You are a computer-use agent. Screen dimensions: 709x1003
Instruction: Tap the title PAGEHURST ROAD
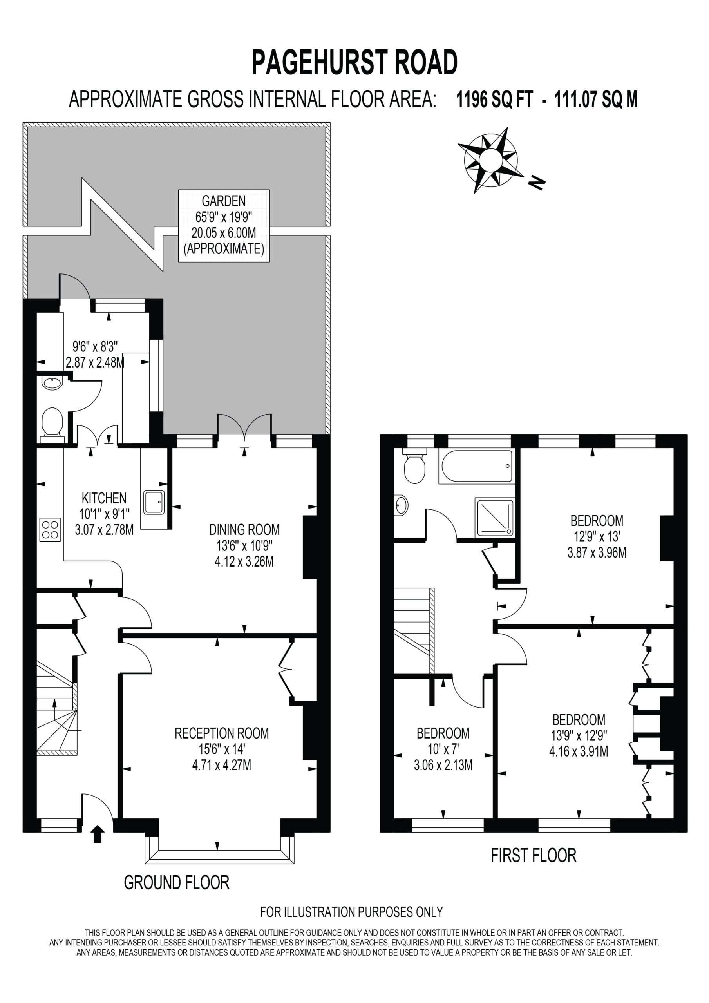click(354, 62)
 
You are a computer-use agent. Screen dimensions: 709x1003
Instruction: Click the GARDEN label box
click(224, 225)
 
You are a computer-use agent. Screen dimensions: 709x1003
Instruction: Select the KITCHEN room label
click(104, 498)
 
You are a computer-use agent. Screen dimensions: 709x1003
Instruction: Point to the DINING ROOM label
click(244, 529)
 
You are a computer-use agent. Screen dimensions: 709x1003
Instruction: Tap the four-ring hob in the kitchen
click(50, 529)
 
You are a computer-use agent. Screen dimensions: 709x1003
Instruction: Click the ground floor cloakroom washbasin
click(52, 383)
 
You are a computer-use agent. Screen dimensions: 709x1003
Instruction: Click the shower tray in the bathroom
click(495, 517)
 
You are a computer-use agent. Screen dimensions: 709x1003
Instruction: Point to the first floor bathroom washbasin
click(401, 505)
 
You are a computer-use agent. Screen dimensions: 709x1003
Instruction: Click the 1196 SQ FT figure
click(494, 100)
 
